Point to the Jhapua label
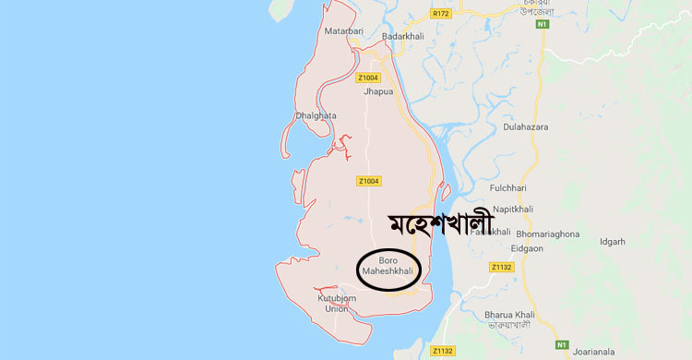pos(377,93)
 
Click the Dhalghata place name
pos(316,115)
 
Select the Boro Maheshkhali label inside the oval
pos(389,269)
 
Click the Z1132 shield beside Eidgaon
pos(501,268)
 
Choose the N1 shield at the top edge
pos(543,24)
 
